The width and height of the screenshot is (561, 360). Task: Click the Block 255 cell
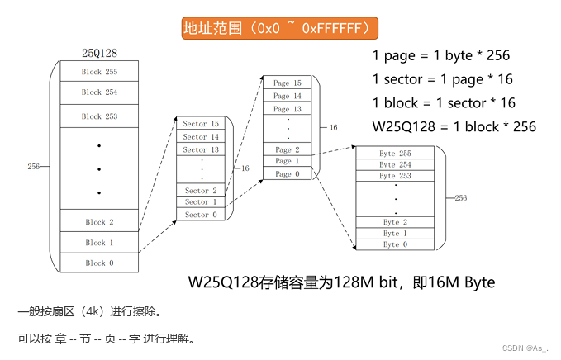click(x=98, y=72)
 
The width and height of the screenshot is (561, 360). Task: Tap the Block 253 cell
click(x=98, y=116)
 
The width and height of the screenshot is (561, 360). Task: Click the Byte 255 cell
click(x=394, y=154)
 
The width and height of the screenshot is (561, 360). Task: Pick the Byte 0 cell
click(x=394, y=244)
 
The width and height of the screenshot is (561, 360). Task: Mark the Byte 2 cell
click(x=394, y=222)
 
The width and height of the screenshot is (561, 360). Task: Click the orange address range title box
click(x=280, y=29)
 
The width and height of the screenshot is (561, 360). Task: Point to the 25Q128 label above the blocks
click(x=98, y=51)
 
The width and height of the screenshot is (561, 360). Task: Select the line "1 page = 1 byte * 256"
click(x=440, y=56)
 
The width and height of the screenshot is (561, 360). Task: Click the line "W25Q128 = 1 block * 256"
click(x=454, y=126)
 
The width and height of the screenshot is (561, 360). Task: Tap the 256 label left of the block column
click(x=34, y=167)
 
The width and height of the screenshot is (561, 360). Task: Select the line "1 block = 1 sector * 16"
click(x=445, y=103)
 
